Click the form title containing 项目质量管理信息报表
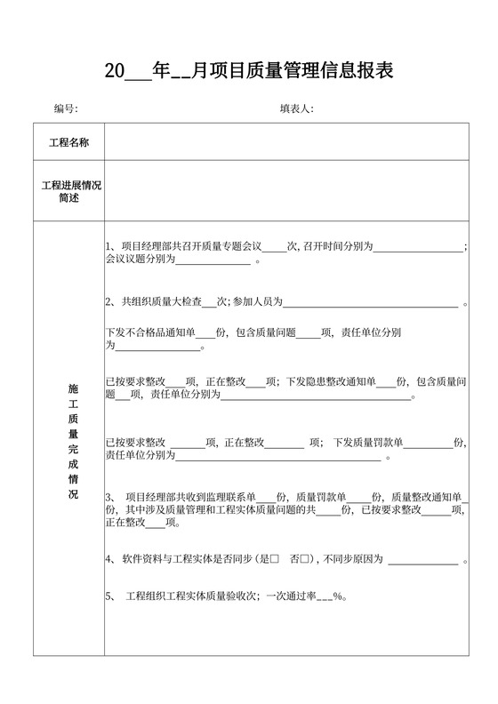[x=249, y=71]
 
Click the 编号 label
[x=66, y=109]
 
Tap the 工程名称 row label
[x=68, y=142]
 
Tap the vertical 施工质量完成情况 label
[x=72, y=440]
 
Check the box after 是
[x=275, y=559]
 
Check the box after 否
[x=305, y=559]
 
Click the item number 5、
[x=110, y=596]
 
